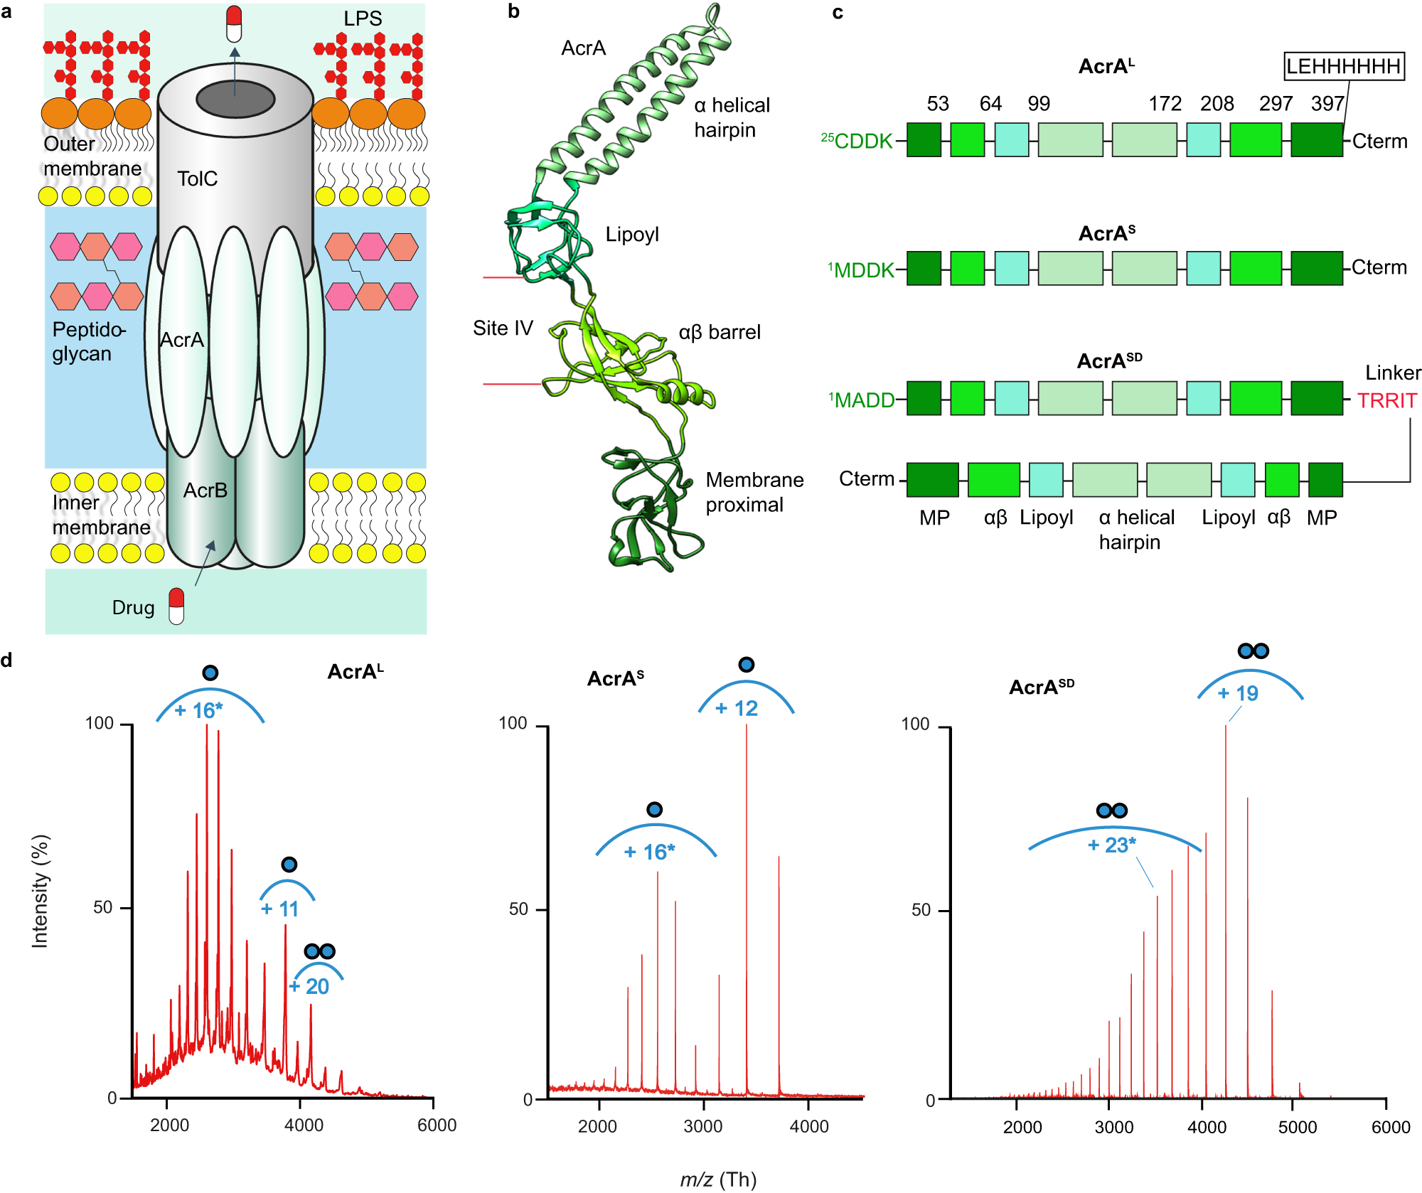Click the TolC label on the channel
[x=197, y=178]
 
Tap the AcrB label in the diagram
[x=205, y=491]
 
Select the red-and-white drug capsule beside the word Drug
[x=176, y=606]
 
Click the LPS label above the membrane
[x=363, y=18]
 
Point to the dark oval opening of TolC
[x=235, y=99]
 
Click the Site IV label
[x=503, y=328]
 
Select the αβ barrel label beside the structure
[x=720, y=332]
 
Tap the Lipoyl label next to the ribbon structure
[x=632, y=235]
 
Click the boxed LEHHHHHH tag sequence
[x=1344, y=66]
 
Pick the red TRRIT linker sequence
[x=1386, y=401]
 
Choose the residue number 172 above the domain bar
[x=1165, y=104]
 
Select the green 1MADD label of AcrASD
[x=861, y=400]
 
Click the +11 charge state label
[x=279, y=909]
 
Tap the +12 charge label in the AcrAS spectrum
[x=737, y=708]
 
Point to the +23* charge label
[x=1112, y=845]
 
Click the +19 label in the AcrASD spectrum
[x=1238, y=693]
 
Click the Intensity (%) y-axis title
[x=40, y=891]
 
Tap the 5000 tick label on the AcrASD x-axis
[x=1298, y=1127]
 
